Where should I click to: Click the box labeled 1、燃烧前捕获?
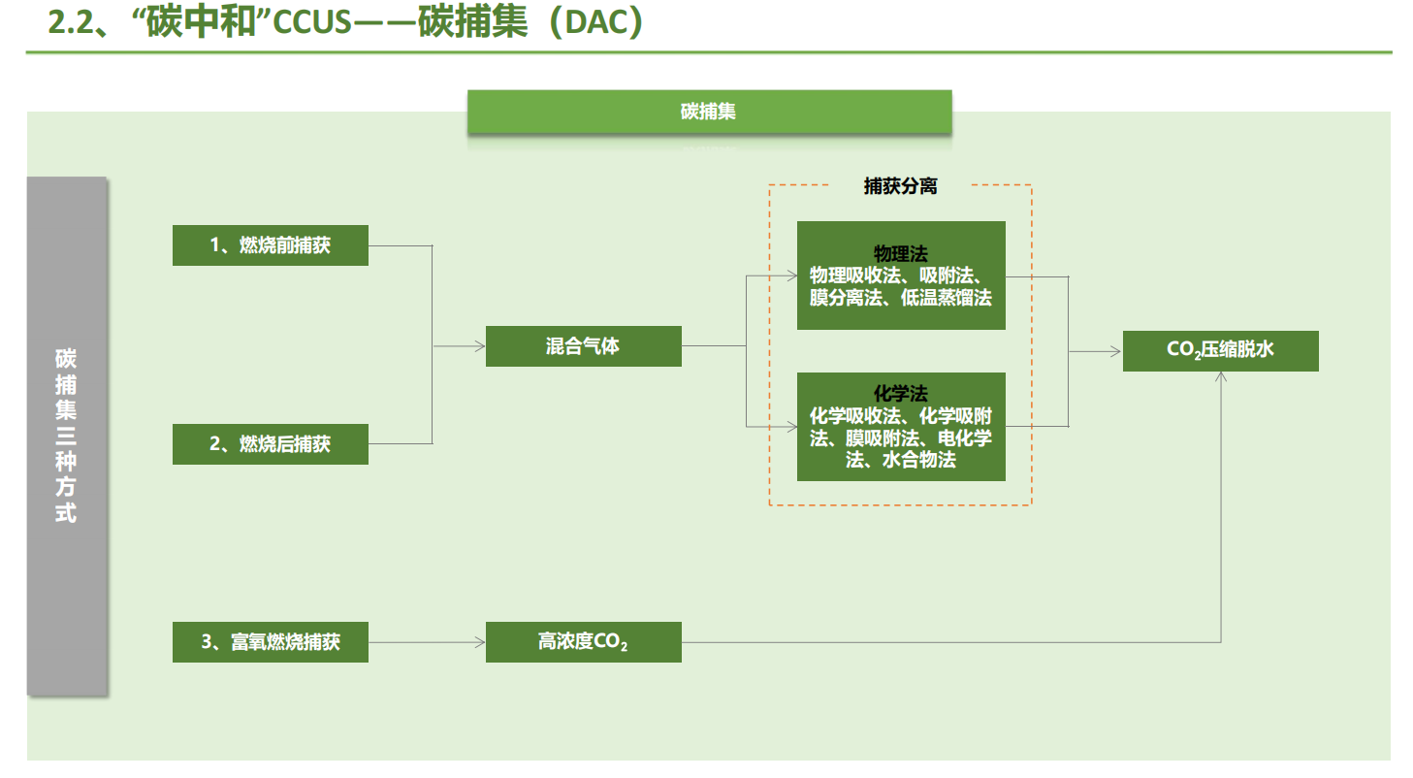(x=270, y=245)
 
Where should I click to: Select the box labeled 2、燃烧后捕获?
(x=270, y=443)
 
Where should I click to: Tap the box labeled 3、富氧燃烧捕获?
(x=270, y=642)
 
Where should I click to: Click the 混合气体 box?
(x=583, y=345)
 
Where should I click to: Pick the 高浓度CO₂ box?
(x=583, y=642)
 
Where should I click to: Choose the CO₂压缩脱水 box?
(x=1220, y=351)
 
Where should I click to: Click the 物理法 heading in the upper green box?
(x=901, y=254)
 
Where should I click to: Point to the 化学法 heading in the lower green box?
(x=901, y=394)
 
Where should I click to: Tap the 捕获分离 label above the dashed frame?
(x=901, y=187)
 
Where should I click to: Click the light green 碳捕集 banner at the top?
(x=709, y=112)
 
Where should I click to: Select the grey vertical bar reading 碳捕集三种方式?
(x=66, y=436)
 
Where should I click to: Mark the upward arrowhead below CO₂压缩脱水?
(x=1220, y=377)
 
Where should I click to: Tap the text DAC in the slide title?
(x=601, y=23)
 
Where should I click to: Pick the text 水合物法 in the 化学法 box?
(x=919, y=461)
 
